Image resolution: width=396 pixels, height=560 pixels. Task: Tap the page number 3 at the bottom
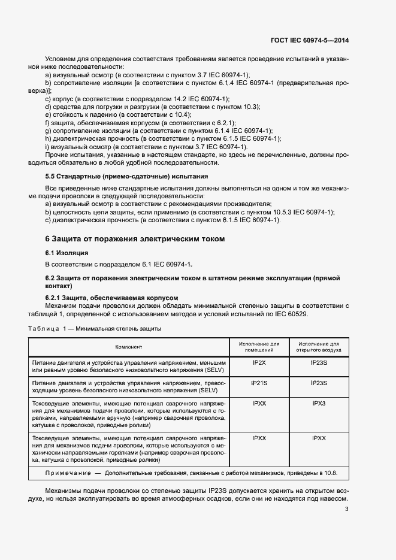347,509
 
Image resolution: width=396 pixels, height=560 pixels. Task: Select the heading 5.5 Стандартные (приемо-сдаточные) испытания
127,177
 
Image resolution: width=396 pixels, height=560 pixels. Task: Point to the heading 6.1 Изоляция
66,253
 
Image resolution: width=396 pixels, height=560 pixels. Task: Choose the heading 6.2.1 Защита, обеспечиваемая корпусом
112,297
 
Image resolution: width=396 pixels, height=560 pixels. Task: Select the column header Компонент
128,346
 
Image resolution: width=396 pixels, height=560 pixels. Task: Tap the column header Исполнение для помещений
259,347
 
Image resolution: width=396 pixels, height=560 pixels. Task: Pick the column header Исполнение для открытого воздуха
319,347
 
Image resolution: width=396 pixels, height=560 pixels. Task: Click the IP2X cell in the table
259,363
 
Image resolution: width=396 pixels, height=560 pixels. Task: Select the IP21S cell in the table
259,382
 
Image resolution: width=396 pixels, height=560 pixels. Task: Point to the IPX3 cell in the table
319,404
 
